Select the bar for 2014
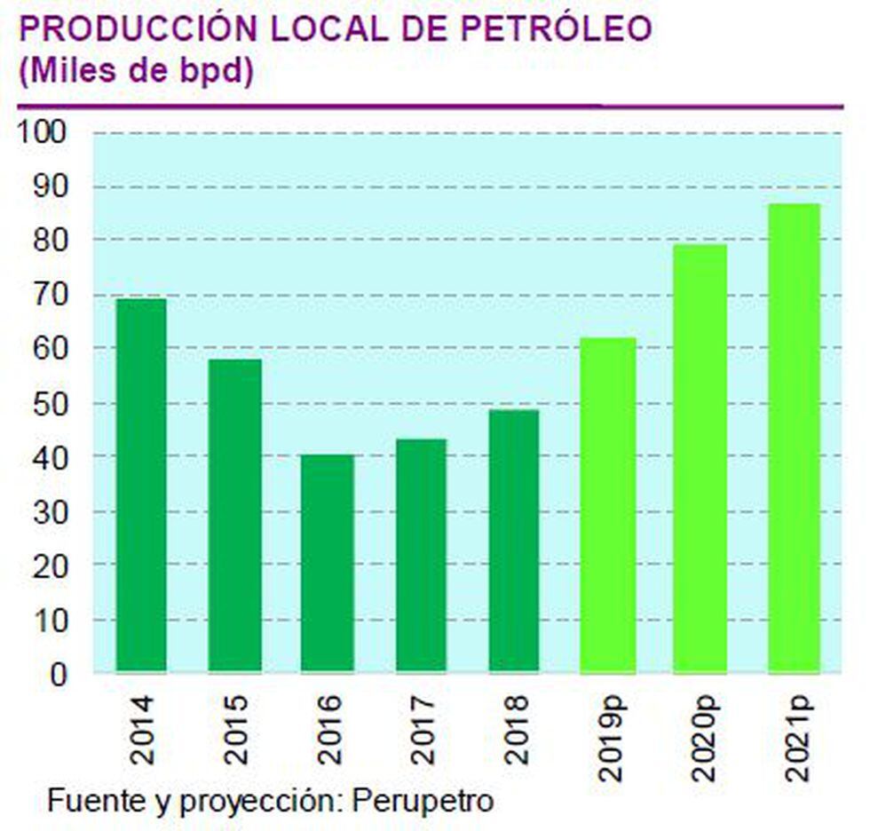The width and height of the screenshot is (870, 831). point(141,485)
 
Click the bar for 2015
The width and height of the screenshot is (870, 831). point(235,515)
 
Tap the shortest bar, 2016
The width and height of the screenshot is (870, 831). point(328,563)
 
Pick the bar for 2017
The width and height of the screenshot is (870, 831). point(421,555)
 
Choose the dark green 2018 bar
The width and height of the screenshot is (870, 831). point(513,540)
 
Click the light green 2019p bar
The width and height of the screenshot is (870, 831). point(608,504)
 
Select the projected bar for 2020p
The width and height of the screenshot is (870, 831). point(700,457)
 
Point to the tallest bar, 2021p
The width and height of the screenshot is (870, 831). point(795,438)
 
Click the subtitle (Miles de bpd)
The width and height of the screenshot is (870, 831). point(136,72)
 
